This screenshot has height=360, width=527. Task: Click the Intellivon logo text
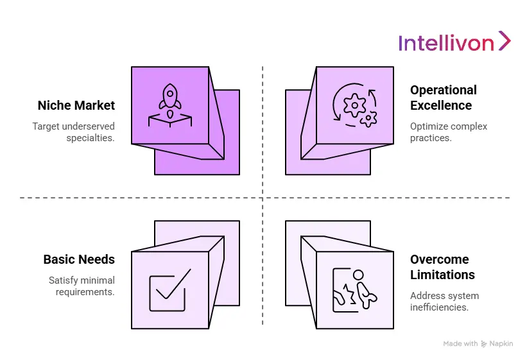point(446,42)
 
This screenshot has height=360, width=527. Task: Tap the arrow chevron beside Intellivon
point(505,40)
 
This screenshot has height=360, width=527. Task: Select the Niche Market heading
point(76,105)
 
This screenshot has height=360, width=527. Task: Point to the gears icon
point(354,105)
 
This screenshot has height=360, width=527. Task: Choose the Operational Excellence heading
point(444,98)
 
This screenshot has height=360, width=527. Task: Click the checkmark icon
point(169,290)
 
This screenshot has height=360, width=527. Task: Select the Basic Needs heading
point(79,259)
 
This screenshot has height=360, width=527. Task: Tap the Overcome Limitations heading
point(442,267)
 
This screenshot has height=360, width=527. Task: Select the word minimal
point(98,280)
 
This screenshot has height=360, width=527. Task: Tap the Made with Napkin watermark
point(478,344)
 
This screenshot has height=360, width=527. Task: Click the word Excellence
point(441,105)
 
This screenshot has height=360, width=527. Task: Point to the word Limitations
point(442,275)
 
